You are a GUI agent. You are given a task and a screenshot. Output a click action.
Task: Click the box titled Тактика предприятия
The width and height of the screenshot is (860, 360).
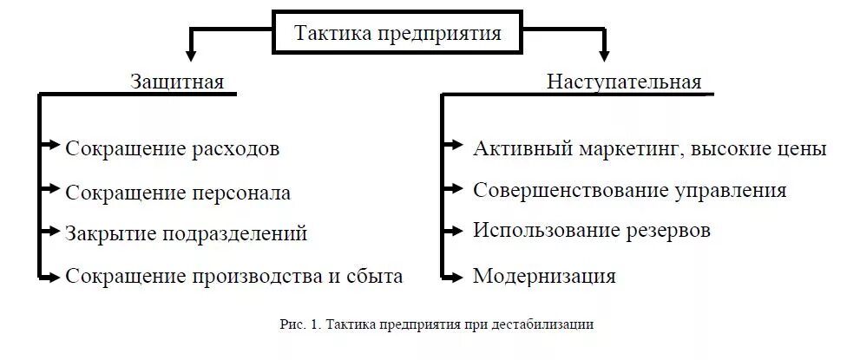[x=398, y=34]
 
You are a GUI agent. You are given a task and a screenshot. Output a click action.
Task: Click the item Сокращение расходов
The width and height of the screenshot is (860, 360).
[x=173, y=148]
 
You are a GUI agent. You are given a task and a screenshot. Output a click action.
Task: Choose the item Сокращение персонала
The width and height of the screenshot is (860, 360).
[x=178, y=192]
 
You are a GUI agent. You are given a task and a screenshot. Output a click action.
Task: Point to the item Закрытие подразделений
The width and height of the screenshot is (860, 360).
[x=186, y=233]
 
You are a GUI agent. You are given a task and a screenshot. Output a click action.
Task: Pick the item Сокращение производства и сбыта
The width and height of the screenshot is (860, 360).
[x=234, y=276]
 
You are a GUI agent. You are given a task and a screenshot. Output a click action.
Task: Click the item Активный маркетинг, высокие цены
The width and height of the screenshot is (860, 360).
[x=650, y=148]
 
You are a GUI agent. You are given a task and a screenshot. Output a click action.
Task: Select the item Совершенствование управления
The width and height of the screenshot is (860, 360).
[x=630, y=190]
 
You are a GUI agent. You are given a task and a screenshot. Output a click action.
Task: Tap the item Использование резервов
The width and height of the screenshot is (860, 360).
[x=592, y=231]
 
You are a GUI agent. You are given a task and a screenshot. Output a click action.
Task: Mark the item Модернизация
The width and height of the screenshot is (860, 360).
[x=544, y=276]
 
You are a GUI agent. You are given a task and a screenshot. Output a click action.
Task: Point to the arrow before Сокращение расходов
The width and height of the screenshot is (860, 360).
[x=52, y=144]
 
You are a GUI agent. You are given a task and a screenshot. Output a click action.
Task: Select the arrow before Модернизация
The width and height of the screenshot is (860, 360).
[x=454, y=277]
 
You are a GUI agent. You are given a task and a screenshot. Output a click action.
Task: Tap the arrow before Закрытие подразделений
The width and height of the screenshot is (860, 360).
[x=52, y=232]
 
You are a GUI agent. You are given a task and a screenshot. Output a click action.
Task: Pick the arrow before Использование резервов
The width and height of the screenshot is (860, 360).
[x=454, y=231]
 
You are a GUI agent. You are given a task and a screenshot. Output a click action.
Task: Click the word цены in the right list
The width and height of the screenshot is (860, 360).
[x=803, y=148]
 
